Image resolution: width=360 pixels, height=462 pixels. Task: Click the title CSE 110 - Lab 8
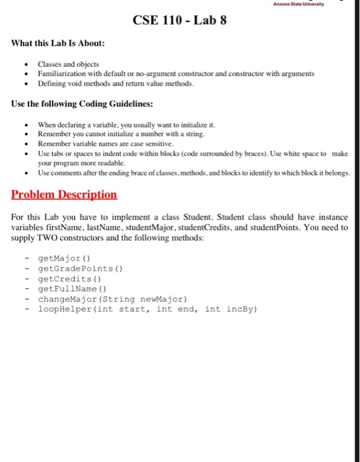(180, 21)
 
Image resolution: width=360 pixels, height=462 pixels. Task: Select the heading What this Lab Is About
(59, 44)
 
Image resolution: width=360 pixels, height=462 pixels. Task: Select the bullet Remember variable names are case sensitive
(105, 143)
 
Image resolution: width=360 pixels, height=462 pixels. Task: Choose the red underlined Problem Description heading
(65, 195)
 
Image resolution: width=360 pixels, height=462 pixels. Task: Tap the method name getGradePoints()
(81, 269)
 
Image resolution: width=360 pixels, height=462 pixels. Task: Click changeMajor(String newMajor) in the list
(112, 298)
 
